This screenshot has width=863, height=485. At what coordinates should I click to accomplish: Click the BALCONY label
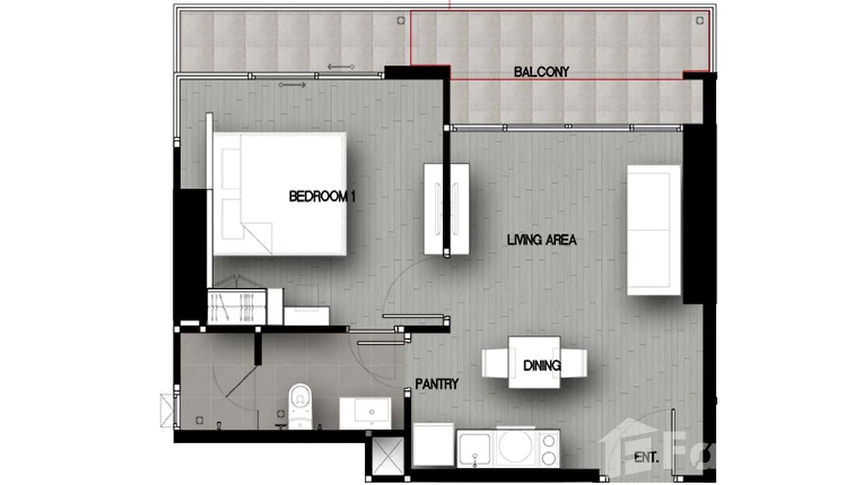(541, 72)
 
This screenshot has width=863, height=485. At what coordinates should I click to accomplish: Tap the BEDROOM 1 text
(322, 197)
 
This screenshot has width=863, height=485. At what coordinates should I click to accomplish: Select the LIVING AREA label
(541, 241)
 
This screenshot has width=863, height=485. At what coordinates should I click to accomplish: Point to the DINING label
(541, 366)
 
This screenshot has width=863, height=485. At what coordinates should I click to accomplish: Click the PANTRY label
(437, 384)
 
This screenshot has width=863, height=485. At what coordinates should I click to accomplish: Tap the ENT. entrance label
(646, 458)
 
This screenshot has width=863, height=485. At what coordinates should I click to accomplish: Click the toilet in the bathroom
(299, 405)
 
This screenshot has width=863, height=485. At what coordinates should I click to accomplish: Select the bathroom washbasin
(365, 412)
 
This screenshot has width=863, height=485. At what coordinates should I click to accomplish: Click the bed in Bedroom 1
(280, 194)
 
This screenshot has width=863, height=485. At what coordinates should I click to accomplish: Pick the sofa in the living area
(653, 230)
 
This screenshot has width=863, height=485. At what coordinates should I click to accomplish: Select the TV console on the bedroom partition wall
(446, 208)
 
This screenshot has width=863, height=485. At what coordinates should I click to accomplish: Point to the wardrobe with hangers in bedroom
(236, 307)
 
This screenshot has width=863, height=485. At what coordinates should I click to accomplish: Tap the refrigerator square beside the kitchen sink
(433, 444)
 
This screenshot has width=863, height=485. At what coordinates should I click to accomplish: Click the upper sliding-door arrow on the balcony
(340, 66)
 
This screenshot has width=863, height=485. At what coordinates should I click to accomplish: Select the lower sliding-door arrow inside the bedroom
(293, 84)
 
